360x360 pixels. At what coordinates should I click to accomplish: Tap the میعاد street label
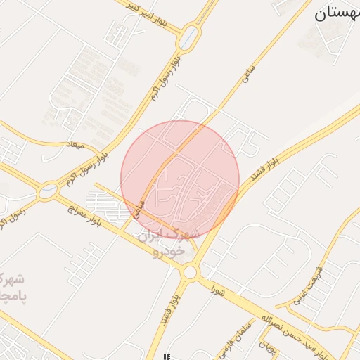74,146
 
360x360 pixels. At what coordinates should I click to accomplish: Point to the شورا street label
217,288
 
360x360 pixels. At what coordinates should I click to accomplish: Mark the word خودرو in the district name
171,250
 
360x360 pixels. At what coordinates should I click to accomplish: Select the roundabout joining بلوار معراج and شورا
189,271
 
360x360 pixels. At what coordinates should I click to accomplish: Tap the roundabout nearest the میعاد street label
49,189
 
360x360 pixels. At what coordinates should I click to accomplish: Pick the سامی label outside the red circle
247,77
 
